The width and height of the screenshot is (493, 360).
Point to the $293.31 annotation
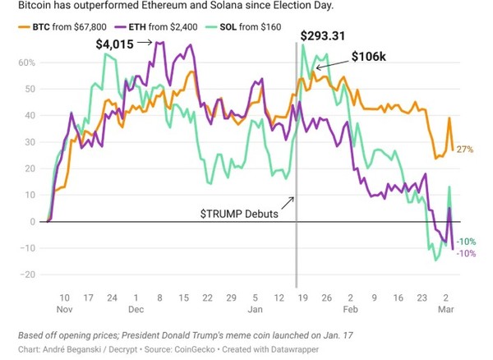click(x=326, y=36)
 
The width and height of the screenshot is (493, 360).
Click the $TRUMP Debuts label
click(x=239, y=212)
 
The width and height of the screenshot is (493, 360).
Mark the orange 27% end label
click(x=464, y=149)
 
